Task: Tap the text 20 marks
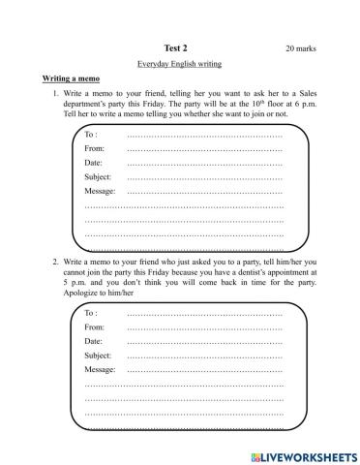(x=301, y=47)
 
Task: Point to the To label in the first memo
(x=91, y=134)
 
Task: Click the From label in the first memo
(x=95, y=148)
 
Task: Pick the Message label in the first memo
(x=100, y=192)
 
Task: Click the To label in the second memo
(x=91, y=314)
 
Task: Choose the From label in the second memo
(x=95, y=327)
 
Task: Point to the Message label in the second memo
(x=100, y=371)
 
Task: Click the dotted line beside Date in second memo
(x=204, y=344)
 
